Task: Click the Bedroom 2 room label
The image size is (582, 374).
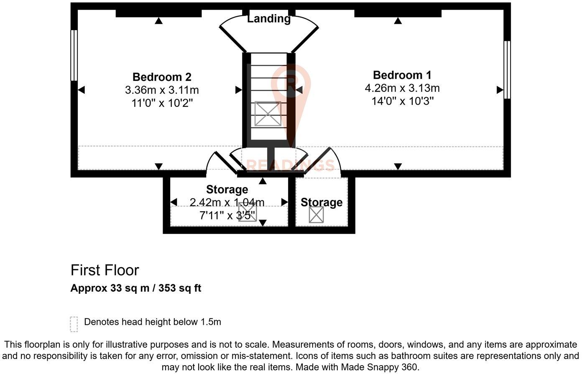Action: click(x=162, y=77)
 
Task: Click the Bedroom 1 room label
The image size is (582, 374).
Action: click(x=402, y=75)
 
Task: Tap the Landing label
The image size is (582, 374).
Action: click(x=269, y=19)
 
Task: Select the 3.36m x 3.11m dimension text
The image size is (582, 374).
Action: click(x=162, y=90)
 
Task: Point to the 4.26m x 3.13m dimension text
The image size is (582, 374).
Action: click(x=402, y=88)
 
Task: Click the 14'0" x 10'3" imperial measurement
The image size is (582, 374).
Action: click(x=402, y=101)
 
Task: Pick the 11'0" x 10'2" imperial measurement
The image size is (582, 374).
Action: click(x=162, y=103)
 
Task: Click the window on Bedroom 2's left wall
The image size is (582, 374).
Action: click(x=74, y=55)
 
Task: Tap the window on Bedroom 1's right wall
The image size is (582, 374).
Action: click(x=507, y=69)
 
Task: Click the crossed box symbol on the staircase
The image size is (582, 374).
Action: click(x=268, y=114)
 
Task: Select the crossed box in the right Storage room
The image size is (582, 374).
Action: click(x=316, y=215)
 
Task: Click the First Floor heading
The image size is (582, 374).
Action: click(x=105, y=270)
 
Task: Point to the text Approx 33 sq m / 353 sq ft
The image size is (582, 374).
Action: click(x=135, y=288)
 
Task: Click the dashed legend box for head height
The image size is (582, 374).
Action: click(x=74, y=324)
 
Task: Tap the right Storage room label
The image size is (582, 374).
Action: click(x=322, y=202)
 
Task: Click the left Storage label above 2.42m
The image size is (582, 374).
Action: click(x=227, y=190)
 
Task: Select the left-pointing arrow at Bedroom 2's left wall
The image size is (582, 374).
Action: click(x=82, y=90)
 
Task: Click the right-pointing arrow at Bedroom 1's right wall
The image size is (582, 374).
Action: click(x=500, y=90)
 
